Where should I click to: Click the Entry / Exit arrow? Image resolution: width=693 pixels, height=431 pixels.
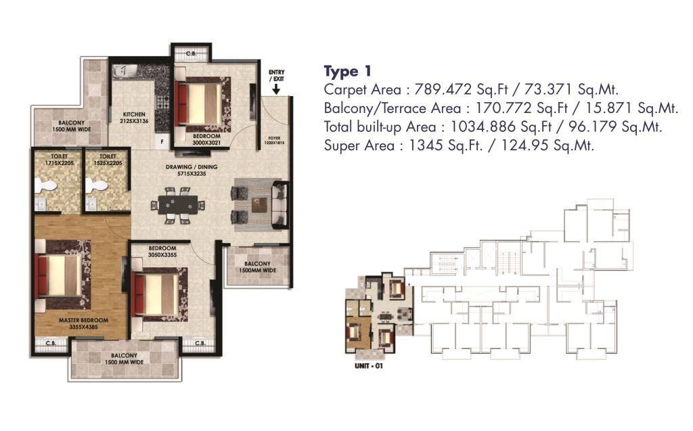276,89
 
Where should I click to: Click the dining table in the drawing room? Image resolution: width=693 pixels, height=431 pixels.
179,204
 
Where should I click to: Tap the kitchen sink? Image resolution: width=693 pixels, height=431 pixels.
125,72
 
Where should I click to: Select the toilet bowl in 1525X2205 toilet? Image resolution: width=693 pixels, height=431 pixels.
98,185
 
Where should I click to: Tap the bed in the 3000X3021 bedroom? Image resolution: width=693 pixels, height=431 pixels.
201,104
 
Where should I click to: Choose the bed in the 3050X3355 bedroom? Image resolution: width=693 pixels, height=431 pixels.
159,294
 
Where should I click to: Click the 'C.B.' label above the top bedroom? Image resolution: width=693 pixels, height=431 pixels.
191,53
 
